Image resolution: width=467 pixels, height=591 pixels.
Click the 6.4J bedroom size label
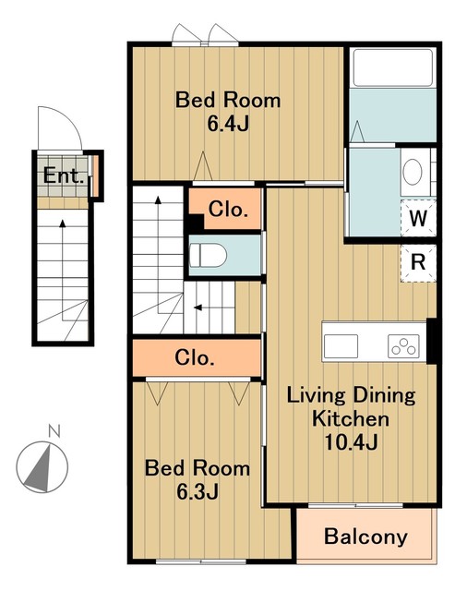(228, 123)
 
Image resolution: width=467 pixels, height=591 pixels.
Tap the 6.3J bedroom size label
(198, 491)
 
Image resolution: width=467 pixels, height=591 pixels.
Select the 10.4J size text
(351, 441)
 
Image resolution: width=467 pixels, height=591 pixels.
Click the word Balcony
(365, 537)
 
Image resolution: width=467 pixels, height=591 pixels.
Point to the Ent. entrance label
(64, 175)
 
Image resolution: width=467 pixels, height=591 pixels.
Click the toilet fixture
(208, 255)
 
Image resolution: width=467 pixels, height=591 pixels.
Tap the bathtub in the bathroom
(393, 67)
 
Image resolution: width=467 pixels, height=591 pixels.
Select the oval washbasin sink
(413, 172)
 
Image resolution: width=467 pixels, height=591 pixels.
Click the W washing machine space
(418, 218)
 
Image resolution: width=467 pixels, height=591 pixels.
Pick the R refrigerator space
(418, 262)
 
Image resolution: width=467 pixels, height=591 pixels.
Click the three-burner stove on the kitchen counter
(403, 346)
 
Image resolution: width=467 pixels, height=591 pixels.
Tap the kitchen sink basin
(341, 346)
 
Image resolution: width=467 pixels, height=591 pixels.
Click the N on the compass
(54, 430)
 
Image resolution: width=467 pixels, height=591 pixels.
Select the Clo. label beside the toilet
(228, 210)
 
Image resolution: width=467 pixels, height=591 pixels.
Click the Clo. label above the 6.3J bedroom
(195, 357)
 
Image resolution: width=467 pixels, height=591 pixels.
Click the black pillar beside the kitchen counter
(432, 341)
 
